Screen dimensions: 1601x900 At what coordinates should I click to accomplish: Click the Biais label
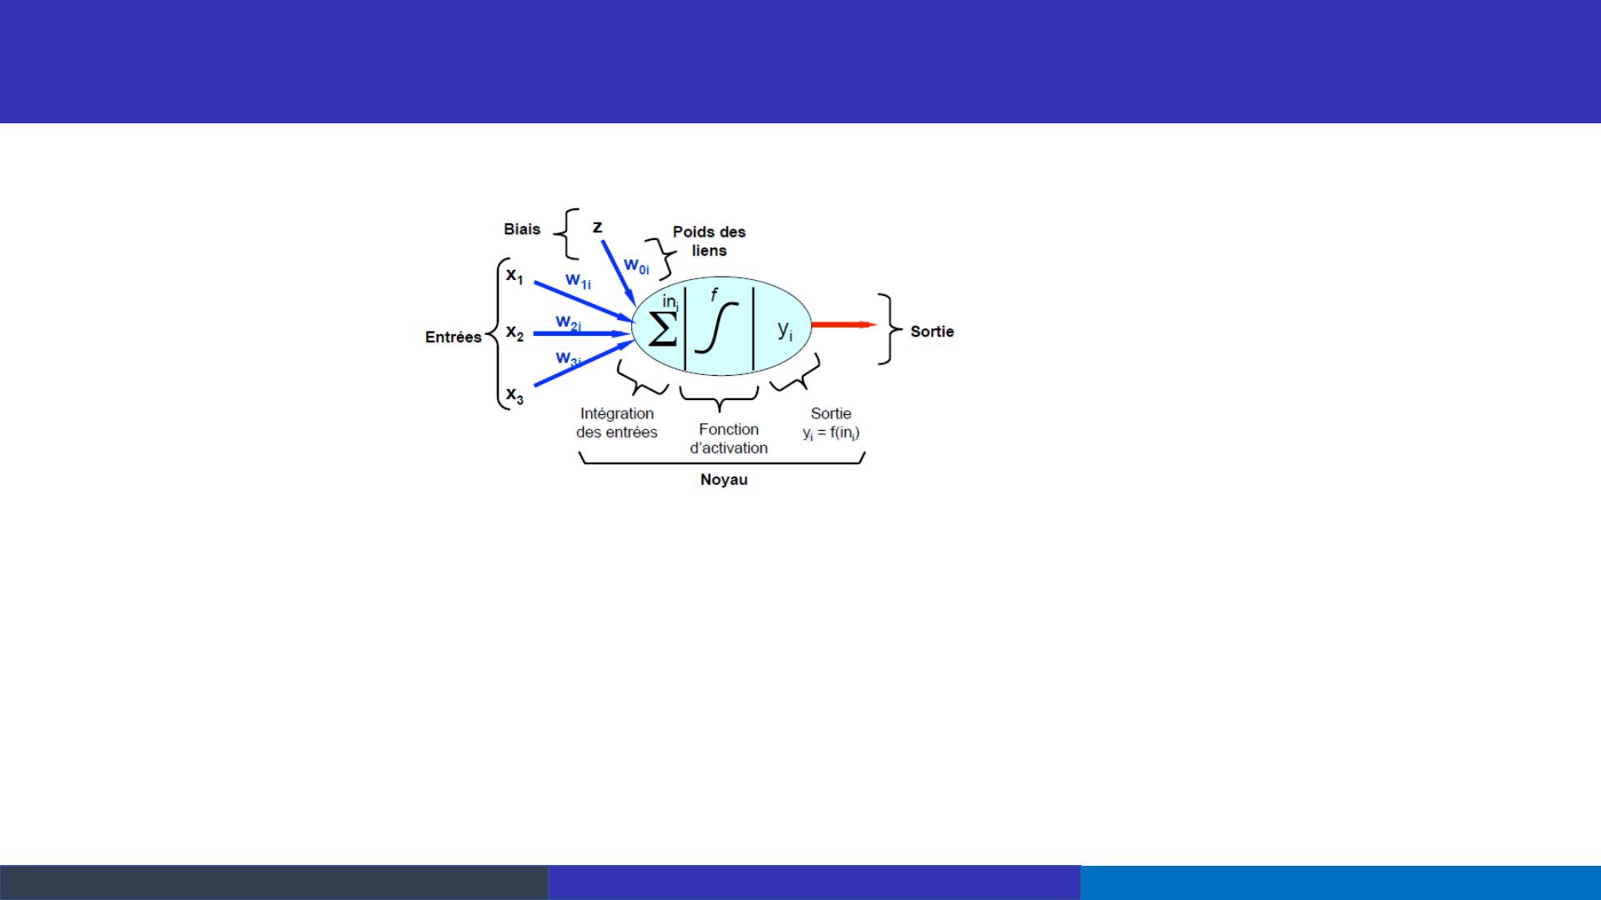(522, 229)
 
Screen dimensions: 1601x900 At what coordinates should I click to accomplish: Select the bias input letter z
(598, 227)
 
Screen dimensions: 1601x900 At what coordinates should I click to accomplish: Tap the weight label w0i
(636, 266)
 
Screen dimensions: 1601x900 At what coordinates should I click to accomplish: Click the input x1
(514, 275)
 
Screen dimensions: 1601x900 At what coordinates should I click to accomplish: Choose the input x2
(514, 333)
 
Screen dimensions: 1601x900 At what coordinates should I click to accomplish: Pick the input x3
(514, 395)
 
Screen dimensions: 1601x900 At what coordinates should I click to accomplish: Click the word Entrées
(454, 337)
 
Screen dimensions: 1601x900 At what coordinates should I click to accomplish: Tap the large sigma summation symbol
(663, 330)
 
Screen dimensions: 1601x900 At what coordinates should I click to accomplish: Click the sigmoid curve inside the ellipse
(716, 327)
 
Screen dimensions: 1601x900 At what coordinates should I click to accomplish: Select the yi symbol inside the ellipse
(785, 331)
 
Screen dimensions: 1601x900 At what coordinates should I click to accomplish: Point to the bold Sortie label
(932, 332)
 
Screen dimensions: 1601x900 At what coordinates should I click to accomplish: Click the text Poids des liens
(709, 241)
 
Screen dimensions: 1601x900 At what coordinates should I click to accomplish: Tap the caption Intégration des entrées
(617, 422)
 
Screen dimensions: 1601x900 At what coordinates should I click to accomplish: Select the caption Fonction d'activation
(729, 438)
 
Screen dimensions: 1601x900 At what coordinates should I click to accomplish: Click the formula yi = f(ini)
(831, 433)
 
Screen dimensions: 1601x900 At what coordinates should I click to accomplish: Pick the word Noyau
(724, 480)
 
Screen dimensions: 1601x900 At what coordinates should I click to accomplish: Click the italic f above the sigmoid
(714, 294)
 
